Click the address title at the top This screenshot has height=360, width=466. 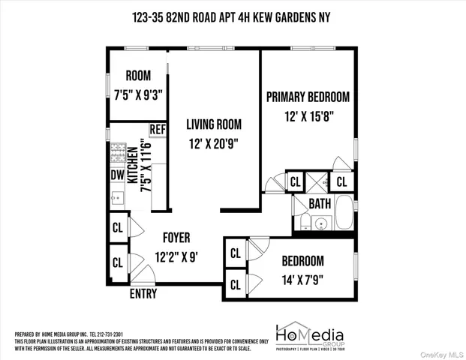(233, 17)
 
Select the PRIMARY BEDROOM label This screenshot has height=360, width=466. (308, 97)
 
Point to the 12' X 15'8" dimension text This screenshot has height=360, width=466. (308, 116)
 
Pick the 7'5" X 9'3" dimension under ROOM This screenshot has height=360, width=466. (138, 94)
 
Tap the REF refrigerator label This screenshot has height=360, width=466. (157, 130)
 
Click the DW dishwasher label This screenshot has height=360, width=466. (117, 175)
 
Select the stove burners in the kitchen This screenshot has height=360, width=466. (118, 154)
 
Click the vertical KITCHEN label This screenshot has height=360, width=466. (132, 166)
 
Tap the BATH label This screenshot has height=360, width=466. (320, 204)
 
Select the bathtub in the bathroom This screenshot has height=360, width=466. (344, 212)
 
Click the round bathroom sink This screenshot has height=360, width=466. (320, 223)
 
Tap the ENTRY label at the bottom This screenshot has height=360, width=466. (143, 294)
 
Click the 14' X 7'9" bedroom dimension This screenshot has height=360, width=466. (302, 280)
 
